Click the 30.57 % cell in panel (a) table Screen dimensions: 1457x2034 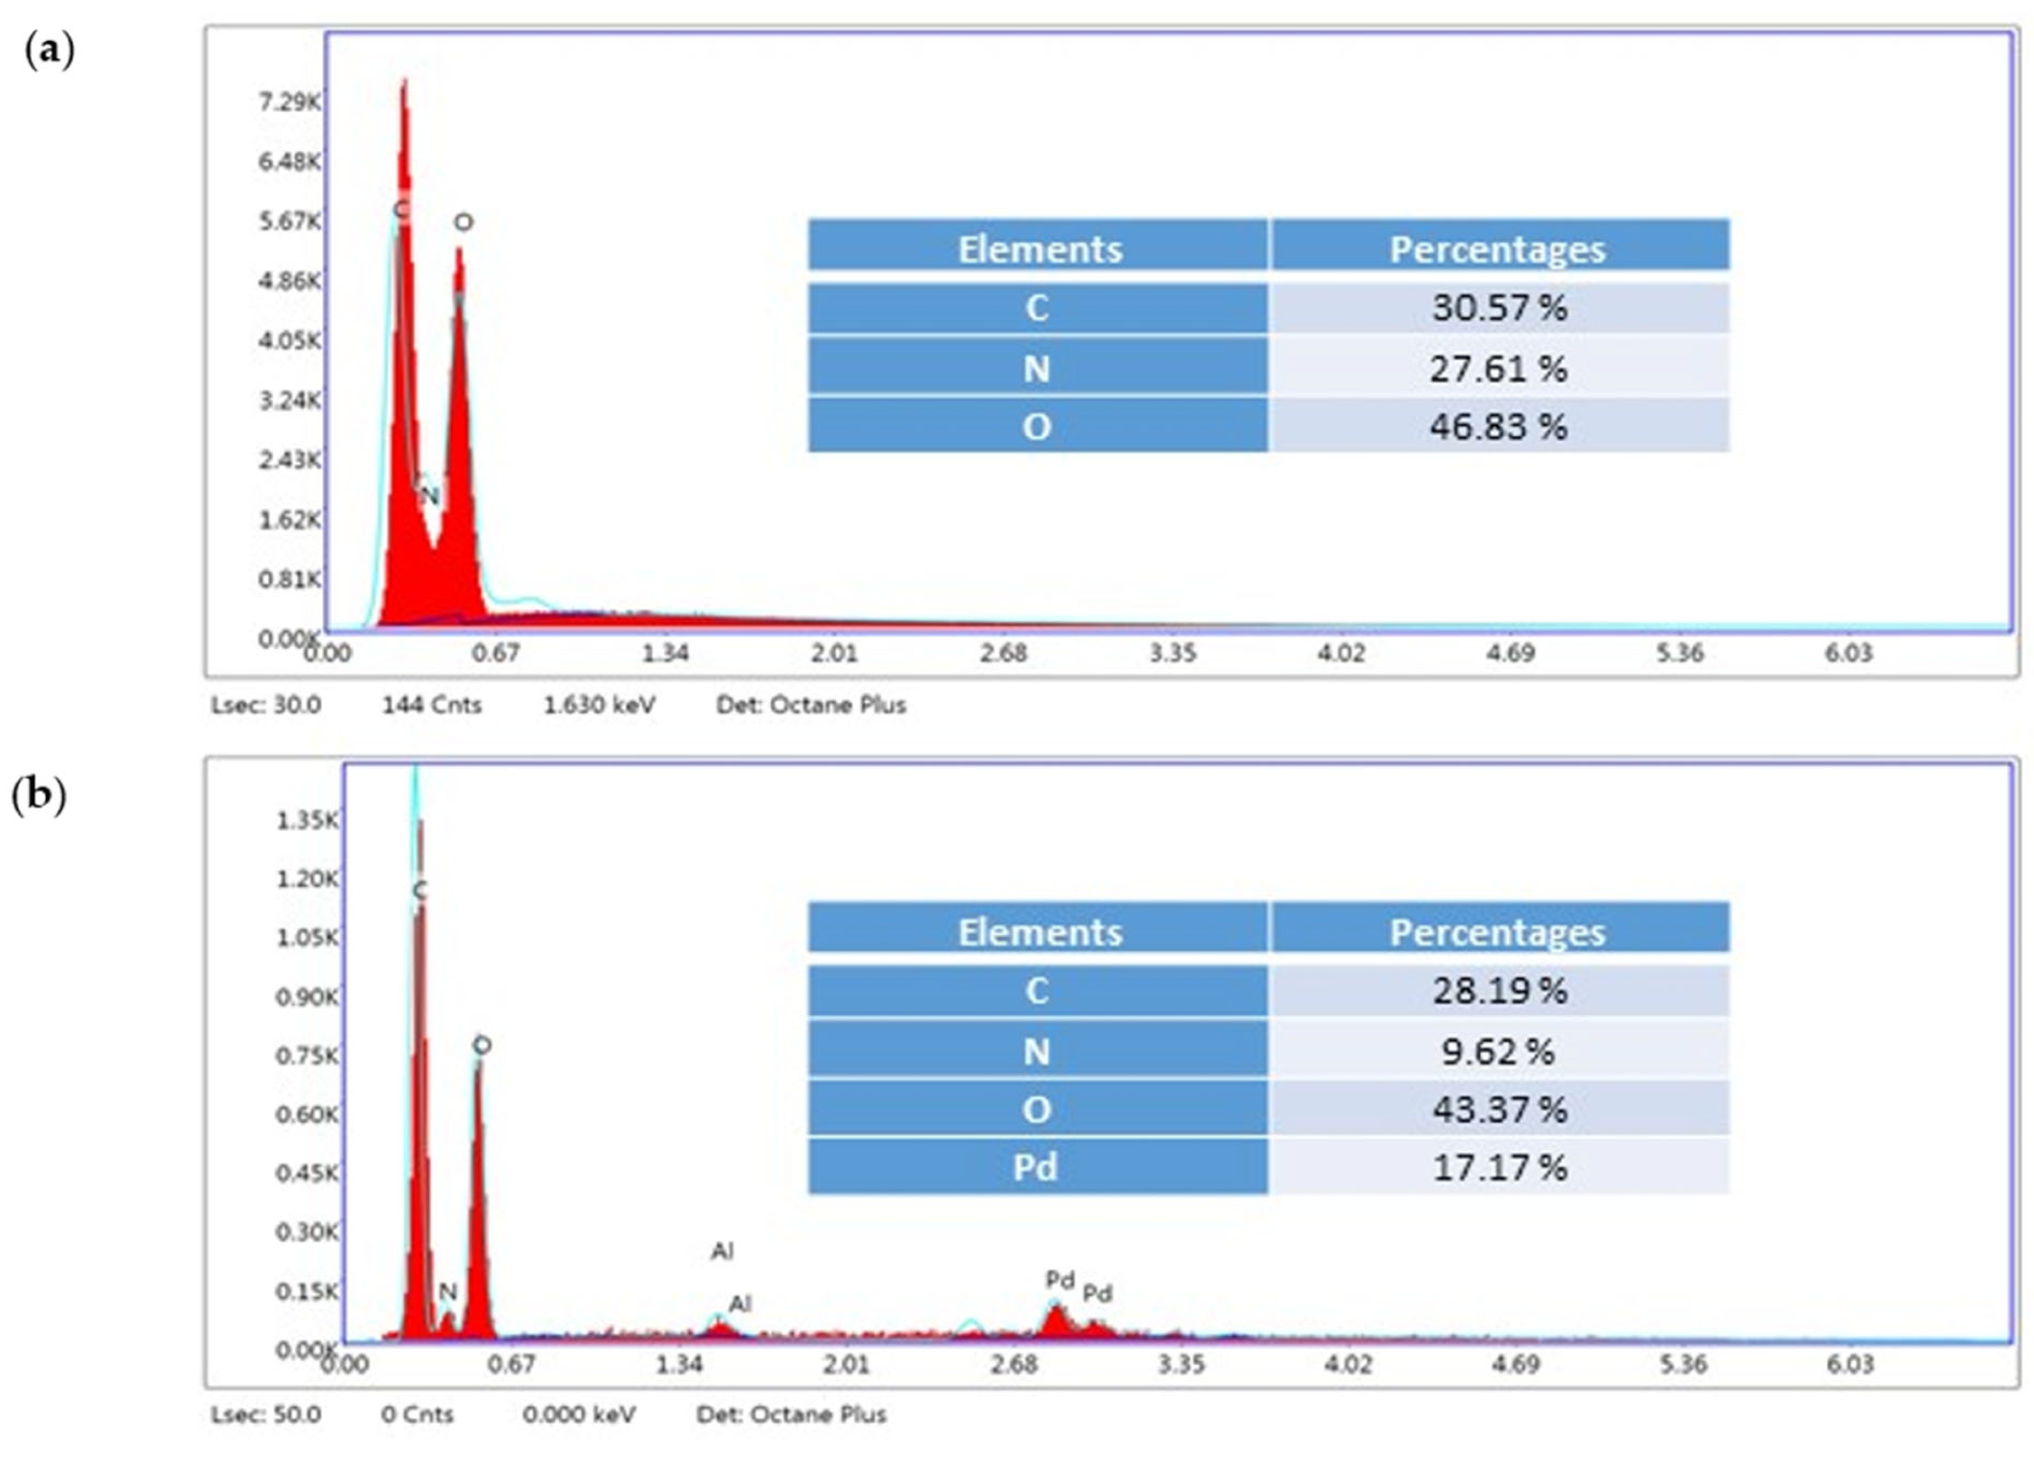(1499, 308)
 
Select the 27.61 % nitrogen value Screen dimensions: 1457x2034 (1499, 368)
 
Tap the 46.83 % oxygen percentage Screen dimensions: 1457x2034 (1499, 425)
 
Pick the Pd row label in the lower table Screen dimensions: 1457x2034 (1037, 1167)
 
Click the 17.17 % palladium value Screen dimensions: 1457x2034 (1499, 1167)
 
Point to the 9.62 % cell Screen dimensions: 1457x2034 (1499, 1050)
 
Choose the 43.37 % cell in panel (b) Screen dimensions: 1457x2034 (1499, 1110)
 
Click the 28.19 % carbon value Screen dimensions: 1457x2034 (1499, 991)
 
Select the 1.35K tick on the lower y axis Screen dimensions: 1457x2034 (307, 820)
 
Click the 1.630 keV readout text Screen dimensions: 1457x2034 (599, 705)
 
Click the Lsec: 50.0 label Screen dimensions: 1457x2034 (266, 1415)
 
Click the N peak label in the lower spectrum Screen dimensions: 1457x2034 (447, 1292)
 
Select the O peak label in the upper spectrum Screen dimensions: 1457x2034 (463, 221)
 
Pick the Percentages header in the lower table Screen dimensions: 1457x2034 (1498, 932)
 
